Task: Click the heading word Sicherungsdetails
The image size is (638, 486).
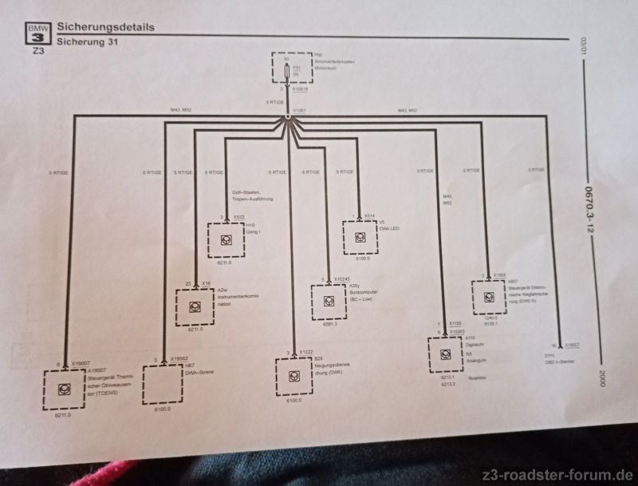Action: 105,26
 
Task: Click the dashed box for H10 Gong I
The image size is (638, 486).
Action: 230,238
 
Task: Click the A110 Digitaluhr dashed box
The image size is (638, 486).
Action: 450,354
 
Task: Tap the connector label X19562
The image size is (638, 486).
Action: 178,359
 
